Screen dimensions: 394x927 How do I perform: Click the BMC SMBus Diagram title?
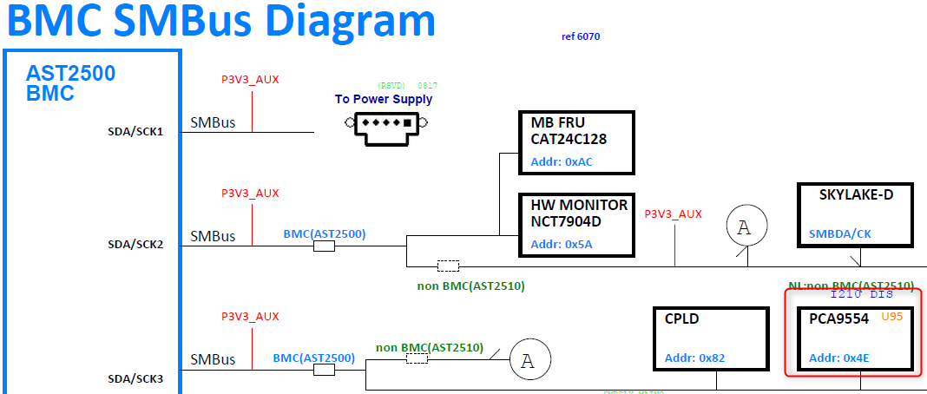point(222,21)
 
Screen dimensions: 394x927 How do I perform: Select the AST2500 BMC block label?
point(70,83)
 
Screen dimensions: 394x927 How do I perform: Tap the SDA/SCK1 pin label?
point(135,132)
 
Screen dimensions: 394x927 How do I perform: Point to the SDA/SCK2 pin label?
point(135,245)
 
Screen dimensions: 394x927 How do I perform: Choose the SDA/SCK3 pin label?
point(135,378)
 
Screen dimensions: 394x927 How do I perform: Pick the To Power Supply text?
point(384,99)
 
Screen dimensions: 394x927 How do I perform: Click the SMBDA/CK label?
point(839,233)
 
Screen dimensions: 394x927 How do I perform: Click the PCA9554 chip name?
point(838,319)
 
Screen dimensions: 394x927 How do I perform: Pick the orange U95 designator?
point(892,317)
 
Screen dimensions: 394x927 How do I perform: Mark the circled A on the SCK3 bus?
point(526,360)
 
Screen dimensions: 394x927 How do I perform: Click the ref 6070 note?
point(581,36)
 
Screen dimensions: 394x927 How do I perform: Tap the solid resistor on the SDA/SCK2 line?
point(324,246)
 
